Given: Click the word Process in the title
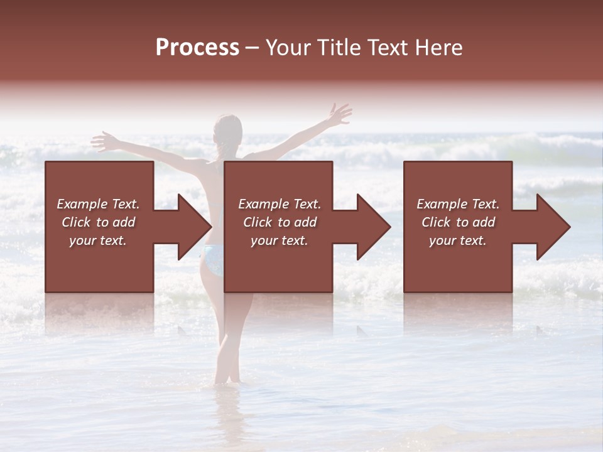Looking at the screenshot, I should [x=197, y=48].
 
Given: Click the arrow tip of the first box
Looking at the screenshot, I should [x=209, y=227].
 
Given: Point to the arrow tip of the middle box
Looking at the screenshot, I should [x=388, y=227].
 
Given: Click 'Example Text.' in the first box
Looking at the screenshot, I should [x=99, y=204].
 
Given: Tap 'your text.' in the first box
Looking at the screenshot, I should [x=99, y=240].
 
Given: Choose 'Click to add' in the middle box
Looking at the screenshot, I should [x=280, y=222].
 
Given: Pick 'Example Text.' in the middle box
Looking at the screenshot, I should [x=280, y=204].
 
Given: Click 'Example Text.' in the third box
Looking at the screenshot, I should [x=458, y=204].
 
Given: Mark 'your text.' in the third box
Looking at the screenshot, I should [x=458, y=240].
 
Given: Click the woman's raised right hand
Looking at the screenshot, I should [x=340, y=114].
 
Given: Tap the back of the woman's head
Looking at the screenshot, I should [x=227, y=129].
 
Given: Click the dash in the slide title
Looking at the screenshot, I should [x=253, y=48].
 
